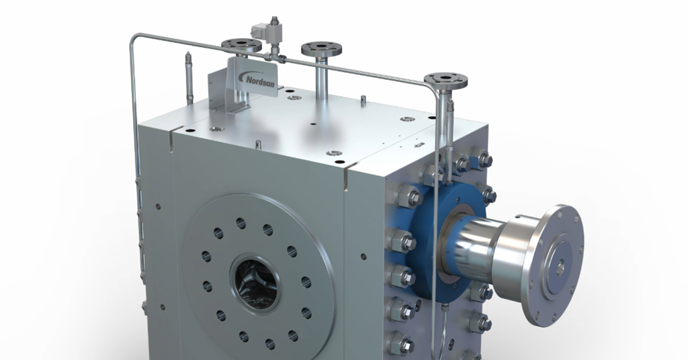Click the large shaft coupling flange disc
pos(554,265)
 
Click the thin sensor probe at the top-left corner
pos(189,78)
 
